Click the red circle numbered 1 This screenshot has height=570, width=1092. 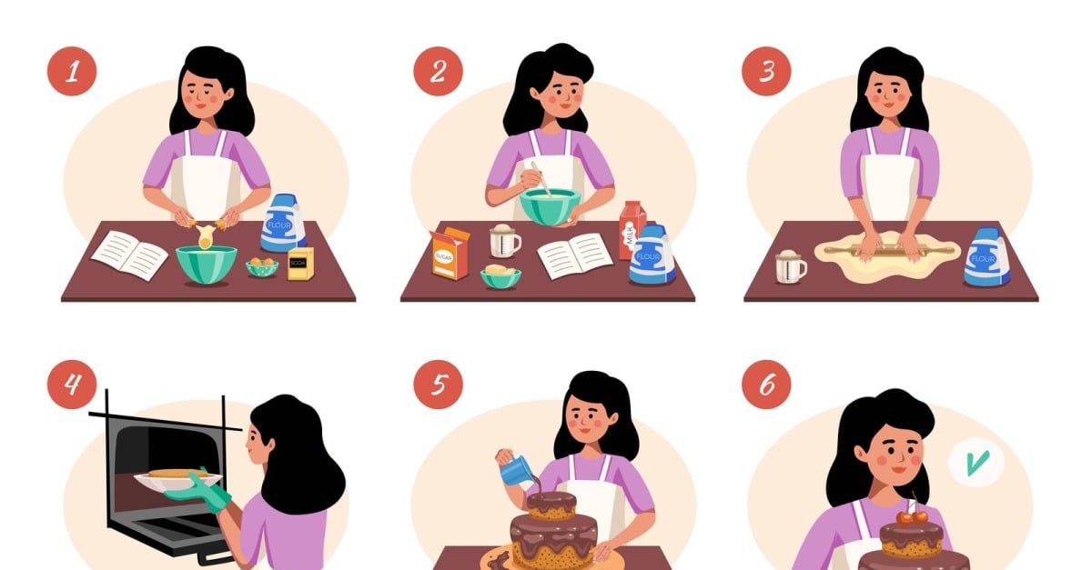(72, 72)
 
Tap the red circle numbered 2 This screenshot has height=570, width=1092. (438, 72)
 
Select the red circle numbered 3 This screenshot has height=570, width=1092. (766, 72)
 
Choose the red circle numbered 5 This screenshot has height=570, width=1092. (438, 384)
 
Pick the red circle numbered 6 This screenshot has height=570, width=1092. (766, 384)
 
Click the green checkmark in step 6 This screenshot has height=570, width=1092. (976, 463)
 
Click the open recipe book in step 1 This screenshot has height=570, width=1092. (130, 255)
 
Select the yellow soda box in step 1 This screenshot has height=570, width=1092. (299, 263)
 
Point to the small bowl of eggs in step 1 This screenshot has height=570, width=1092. (262, 266)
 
